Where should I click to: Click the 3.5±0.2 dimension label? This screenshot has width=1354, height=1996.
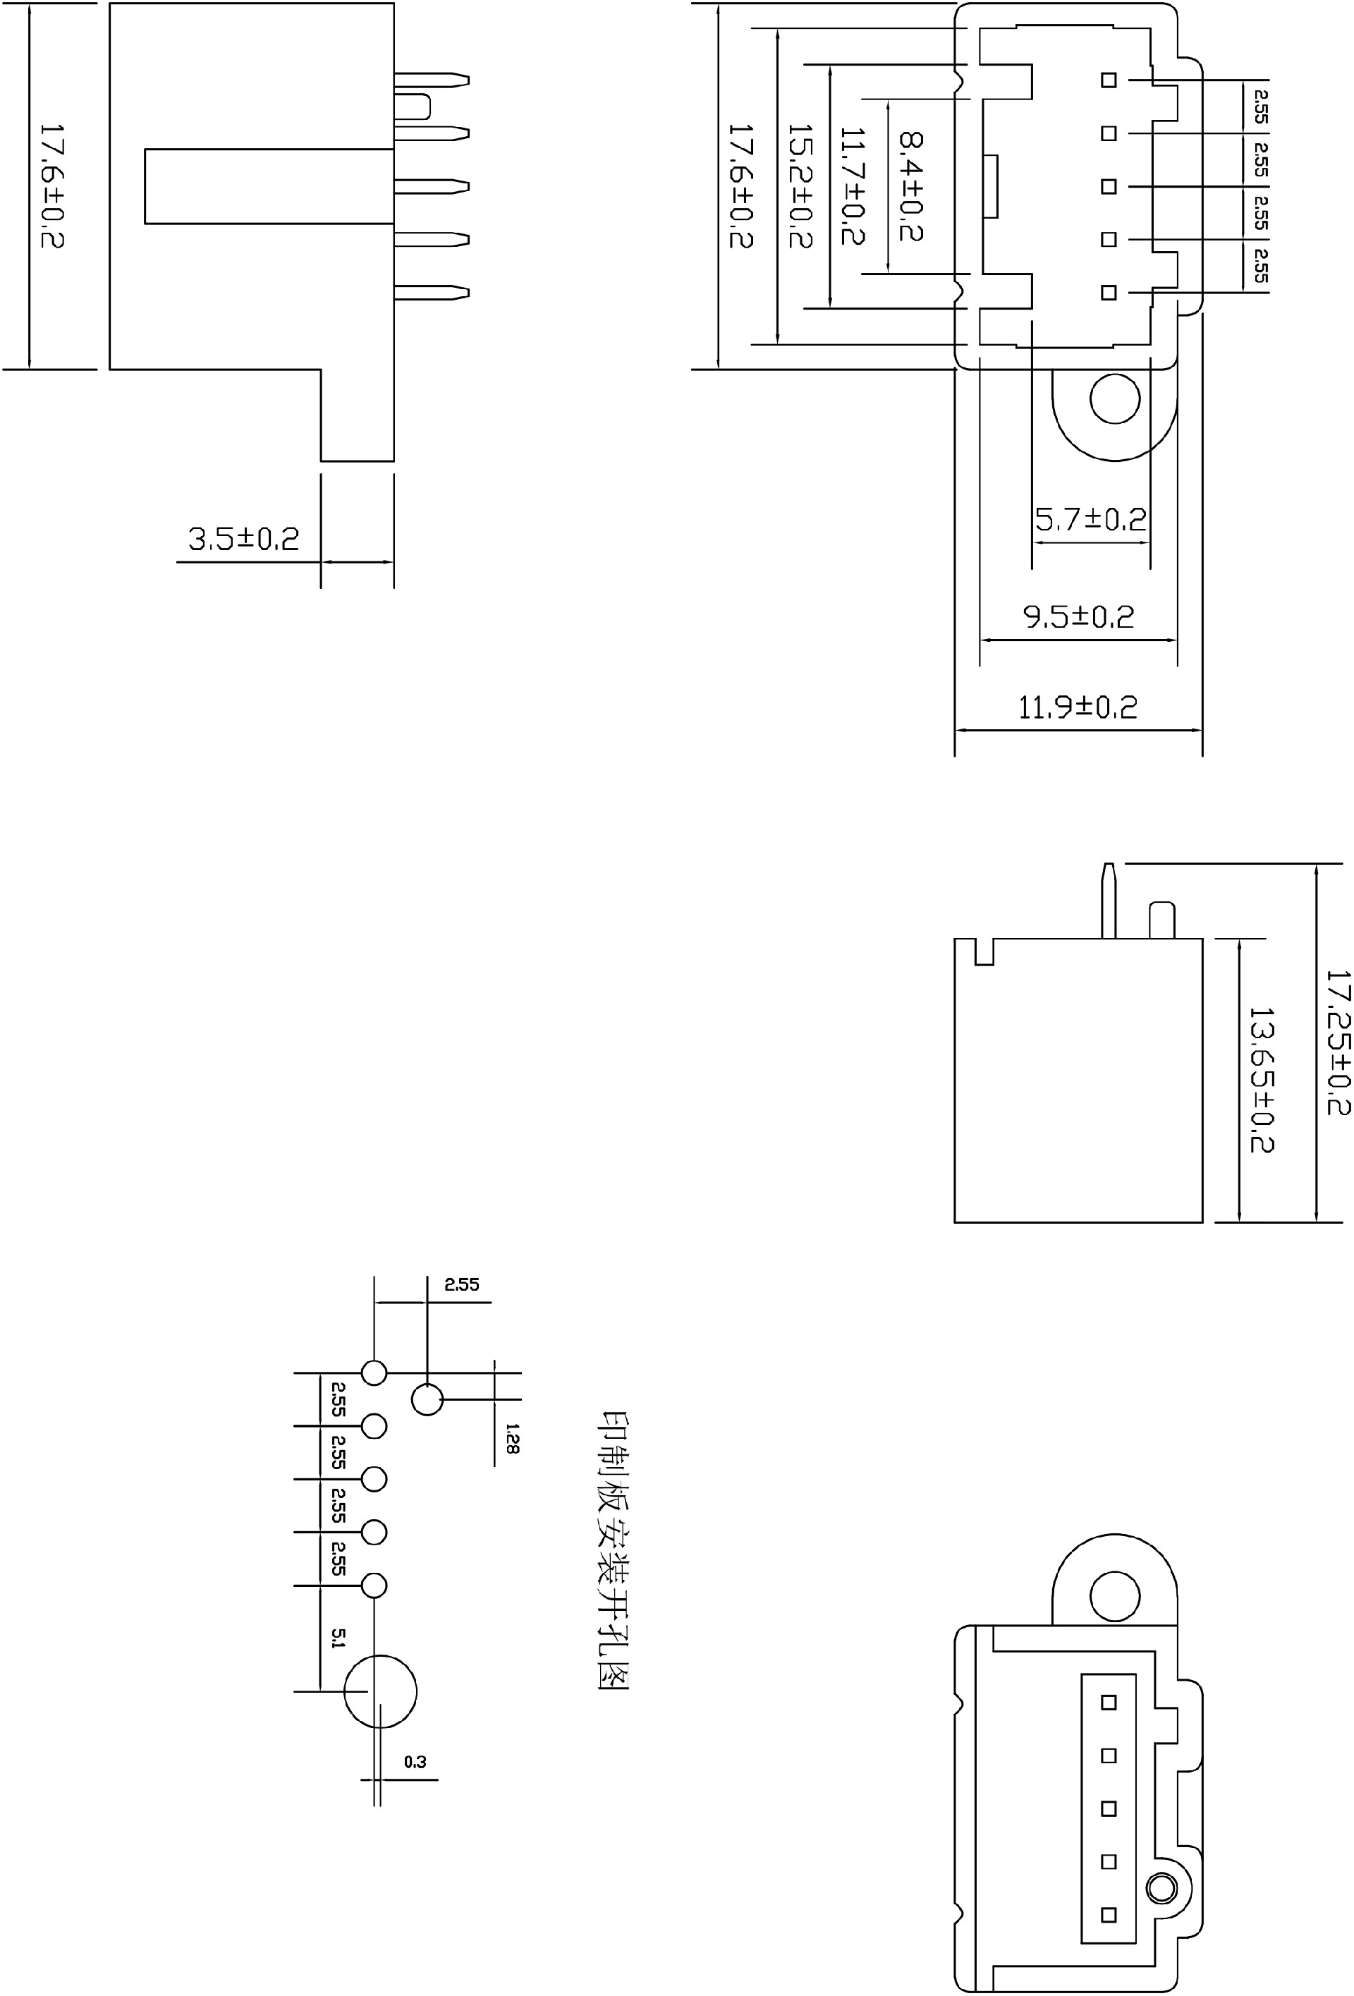(244, 540)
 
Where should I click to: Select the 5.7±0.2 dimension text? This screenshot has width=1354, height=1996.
(1090, 519)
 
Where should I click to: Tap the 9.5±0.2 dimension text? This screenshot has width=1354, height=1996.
(1078, 616)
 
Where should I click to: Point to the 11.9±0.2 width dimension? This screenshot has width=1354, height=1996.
(1078, 707)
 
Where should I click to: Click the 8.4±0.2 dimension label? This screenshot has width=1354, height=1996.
(911, 185)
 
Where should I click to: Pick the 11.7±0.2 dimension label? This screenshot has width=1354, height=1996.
(853, 185)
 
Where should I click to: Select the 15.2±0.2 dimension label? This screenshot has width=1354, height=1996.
(799, 185)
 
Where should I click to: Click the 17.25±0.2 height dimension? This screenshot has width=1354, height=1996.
(1338, 1042)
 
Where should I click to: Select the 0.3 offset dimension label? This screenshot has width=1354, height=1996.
(415, 1762)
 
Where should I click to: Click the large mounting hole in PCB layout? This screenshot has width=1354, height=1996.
(380, 1691)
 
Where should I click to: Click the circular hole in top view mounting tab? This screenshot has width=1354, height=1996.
(1114, 399)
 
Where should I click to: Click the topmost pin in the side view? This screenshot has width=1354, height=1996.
(432, 80)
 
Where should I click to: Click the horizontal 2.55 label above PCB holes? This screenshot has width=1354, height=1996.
(461, 1285)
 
